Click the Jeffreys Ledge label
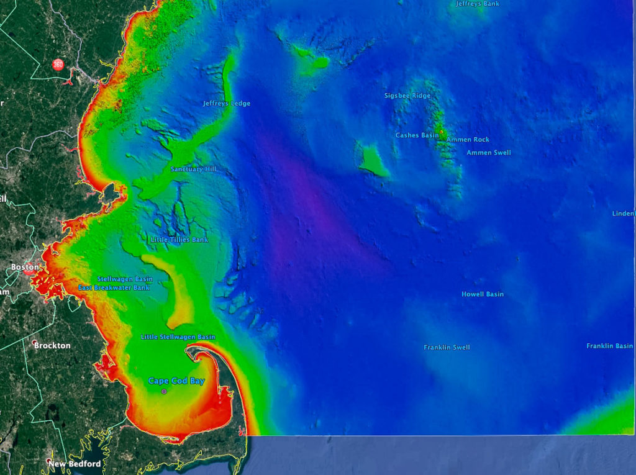227,103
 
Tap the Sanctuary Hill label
194,169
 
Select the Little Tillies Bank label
179,240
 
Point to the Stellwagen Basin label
125,279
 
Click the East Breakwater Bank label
114,287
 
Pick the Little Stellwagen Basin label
178,337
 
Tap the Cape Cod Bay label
176,381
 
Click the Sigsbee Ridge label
407,96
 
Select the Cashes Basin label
417,135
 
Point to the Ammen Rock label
468,140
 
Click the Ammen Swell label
489,152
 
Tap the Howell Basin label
483,294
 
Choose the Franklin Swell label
447,348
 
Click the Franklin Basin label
610,346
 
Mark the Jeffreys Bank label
478,4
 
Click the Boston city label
25,268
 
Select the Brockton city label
52,345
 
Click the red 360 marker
58,64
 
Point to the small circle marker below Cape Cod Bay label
164,392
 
